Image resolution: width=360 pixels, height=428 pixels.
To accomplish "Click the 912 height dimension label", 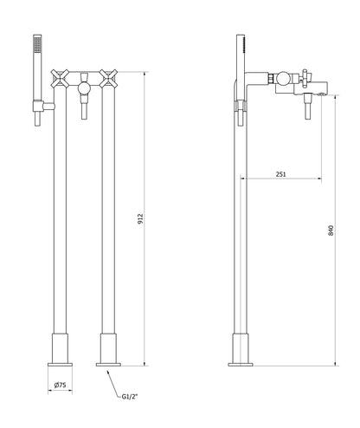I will coord(141,221).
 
